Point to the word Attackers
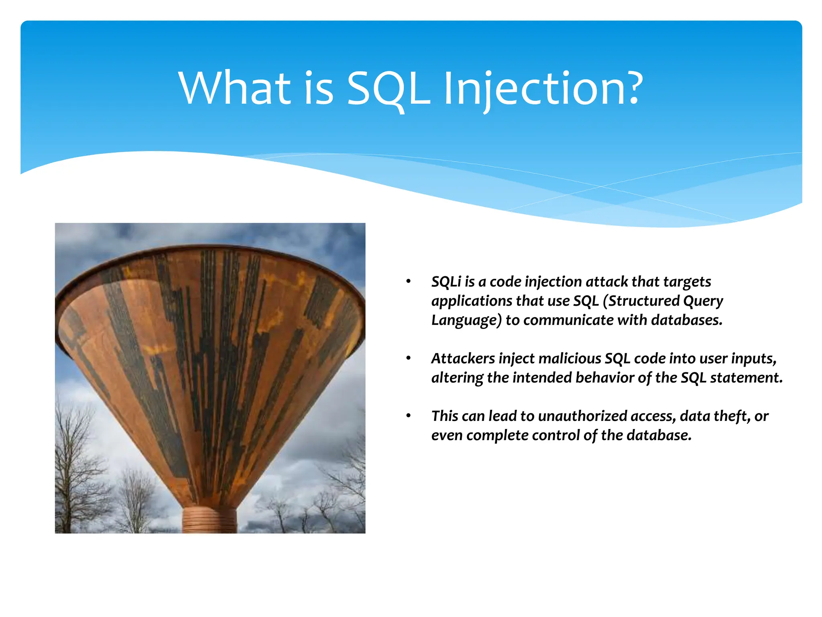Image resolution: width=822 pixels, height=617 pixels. (x=463, y=358)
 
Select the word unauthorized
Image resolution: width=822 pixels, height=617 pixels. (x=582, y=416)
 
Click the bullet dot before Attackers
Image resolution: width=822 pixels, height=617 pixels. (x=409, y=358)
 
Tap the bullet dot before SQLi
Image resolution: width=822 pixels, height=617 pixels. (x=409, y=281)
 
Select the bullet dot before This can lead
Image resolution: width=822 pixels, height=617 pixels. (x=409, y=415)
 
